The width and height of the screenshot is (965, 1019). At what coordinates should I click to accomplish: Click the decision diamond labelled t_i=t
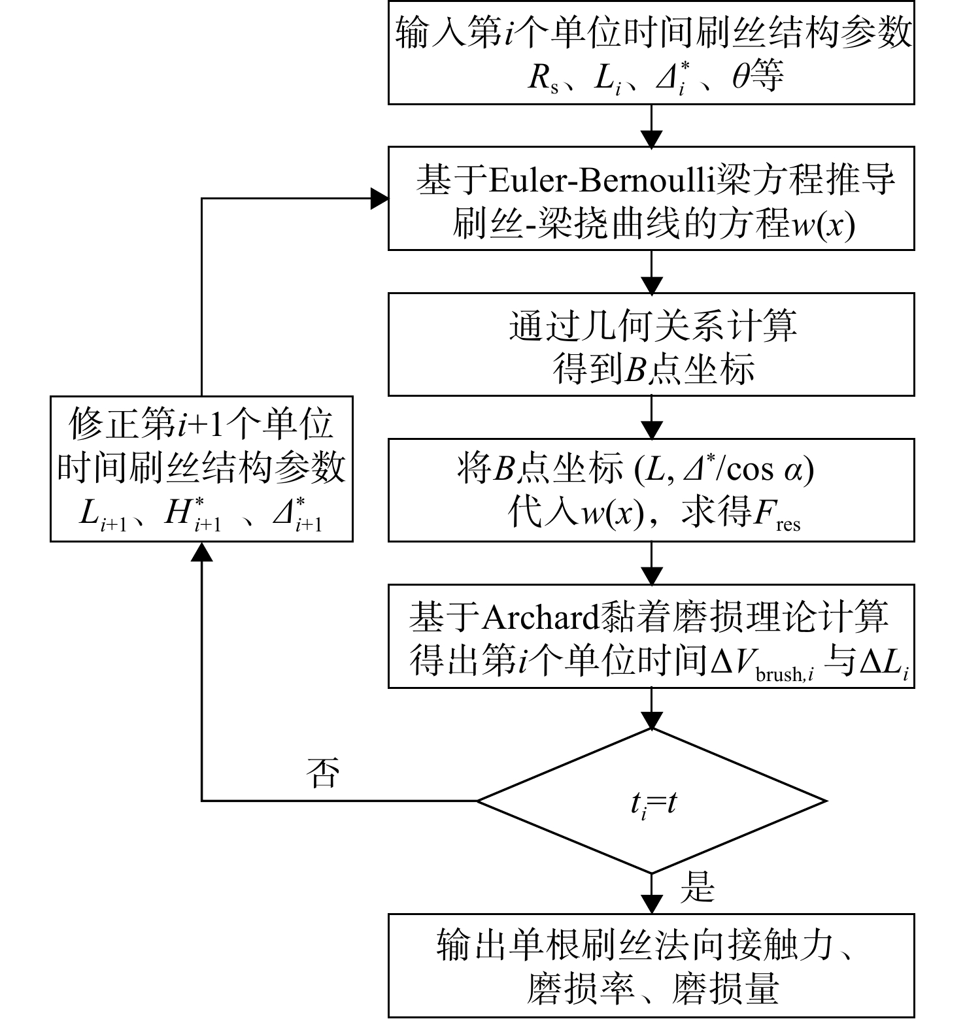(x=651, y=800)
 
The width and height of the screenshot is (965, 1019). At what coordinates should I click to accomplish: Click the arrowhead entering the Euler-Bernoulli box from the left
(x=379, y=199)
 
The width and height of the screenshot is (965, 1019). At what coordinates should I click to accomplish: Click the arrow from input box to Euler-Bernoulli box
(x=652, y=125)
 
